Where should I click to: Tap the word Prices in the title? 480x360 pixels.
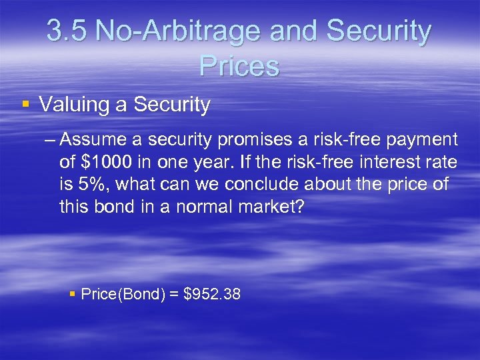tap(239, 65)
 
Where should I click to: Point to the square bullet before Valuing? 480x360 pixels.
tap(25, 105)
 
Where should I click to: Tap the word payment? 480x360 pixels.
tap(420, 140)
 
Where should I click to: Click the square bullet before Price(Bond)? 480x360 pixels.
tap(73, 293)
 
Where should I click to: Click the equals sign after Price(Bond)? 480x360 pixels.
tap(174, 294)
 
